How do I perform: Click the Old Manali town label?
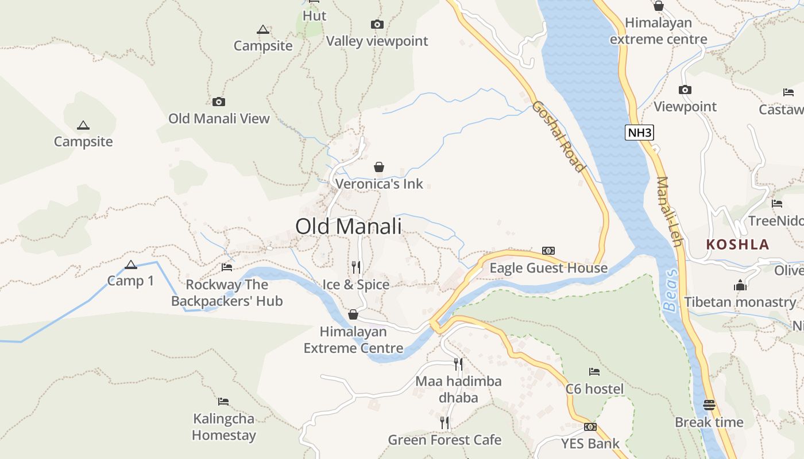tap(348, 226)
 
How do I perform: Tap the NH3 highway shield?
tap(640, 133)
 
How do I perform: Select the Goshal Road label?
tap(558, 137)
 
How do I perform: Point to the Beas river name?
tap(671, 290)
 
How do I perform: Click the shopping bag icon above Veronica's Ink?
tap(379, 167)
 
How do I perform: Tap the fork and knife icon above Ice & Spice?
tap(356, 267)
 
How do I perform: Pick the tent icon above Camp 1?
tap(131, 264)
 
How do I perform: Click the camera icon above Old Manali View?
tap(219, 102)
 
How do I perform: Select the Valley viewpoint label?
tap(377, 41)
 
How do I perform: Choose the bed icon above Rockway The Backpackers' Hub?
tap(227, 267)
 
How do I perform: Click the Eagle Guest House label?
tap(548, 268)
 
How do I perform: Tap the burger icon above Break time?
tap(709, 404)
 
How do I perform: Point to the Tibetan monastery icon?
tap(740, 285)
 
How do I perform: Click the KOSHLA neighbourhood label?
tap(737, 244)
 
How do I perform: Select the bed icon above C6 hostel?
tap(594, 372)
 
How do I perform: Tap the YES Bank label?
tap(590, 443)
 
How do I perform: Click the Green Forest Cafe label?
tap(444, 440)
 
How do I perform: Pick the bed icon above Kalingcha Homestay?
tap(223, 401)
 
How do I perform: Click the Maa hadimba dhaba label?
tap(458, 389)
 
